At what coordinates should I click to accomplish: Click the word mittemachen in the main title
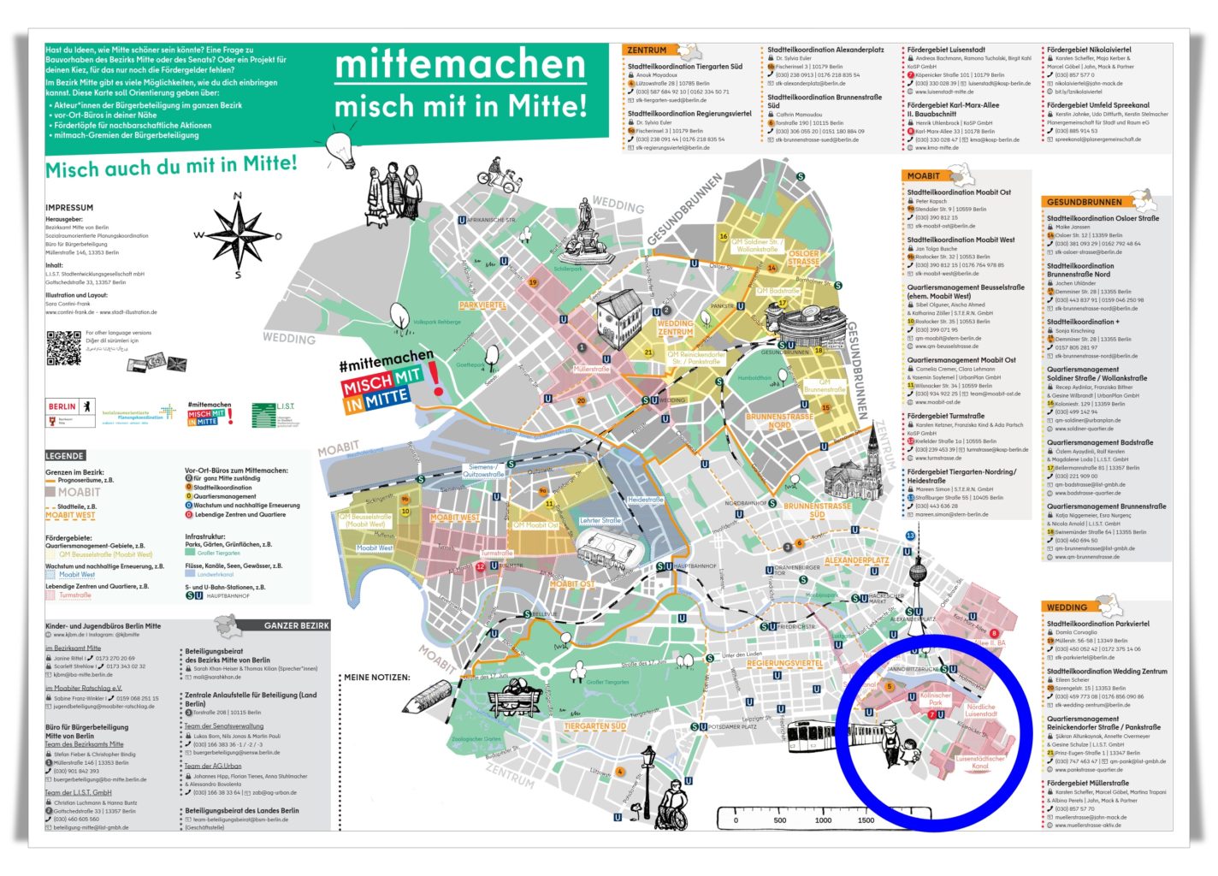[x=460, y=65]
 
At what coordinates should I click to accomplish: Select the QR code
[x=63, y=347]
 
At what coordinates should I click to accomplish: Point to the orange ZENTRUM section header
[x=647, y=50]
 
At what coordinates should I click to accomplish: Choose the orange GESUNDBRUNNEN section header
[x=1084, y=202]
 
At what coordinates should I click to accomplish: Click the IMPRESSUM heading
[x=69, y=208]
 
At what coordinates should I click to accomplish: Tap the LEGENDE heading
[x=65, y=456]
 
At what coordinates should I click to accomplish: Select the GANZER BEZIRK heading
[x=296, y=625]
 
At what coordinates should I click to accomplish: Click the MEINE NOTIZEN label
[x=377, y=677]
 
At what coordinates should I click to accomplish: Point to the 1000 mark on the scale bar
[x=823, y=820]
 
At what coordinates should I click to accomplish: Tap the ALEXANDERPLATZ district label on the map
[x=856, y=561]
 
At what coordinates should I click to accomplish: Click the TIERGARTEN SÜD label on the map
[x=594, y=726]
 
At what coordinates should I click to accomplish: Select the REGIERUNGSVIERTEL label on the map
[x=784, y=664]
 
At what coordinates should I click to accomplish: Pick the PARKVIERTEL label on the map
[x=482, y=305]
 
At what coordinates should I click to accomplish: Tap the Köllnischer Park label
[x=935, y=699]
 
